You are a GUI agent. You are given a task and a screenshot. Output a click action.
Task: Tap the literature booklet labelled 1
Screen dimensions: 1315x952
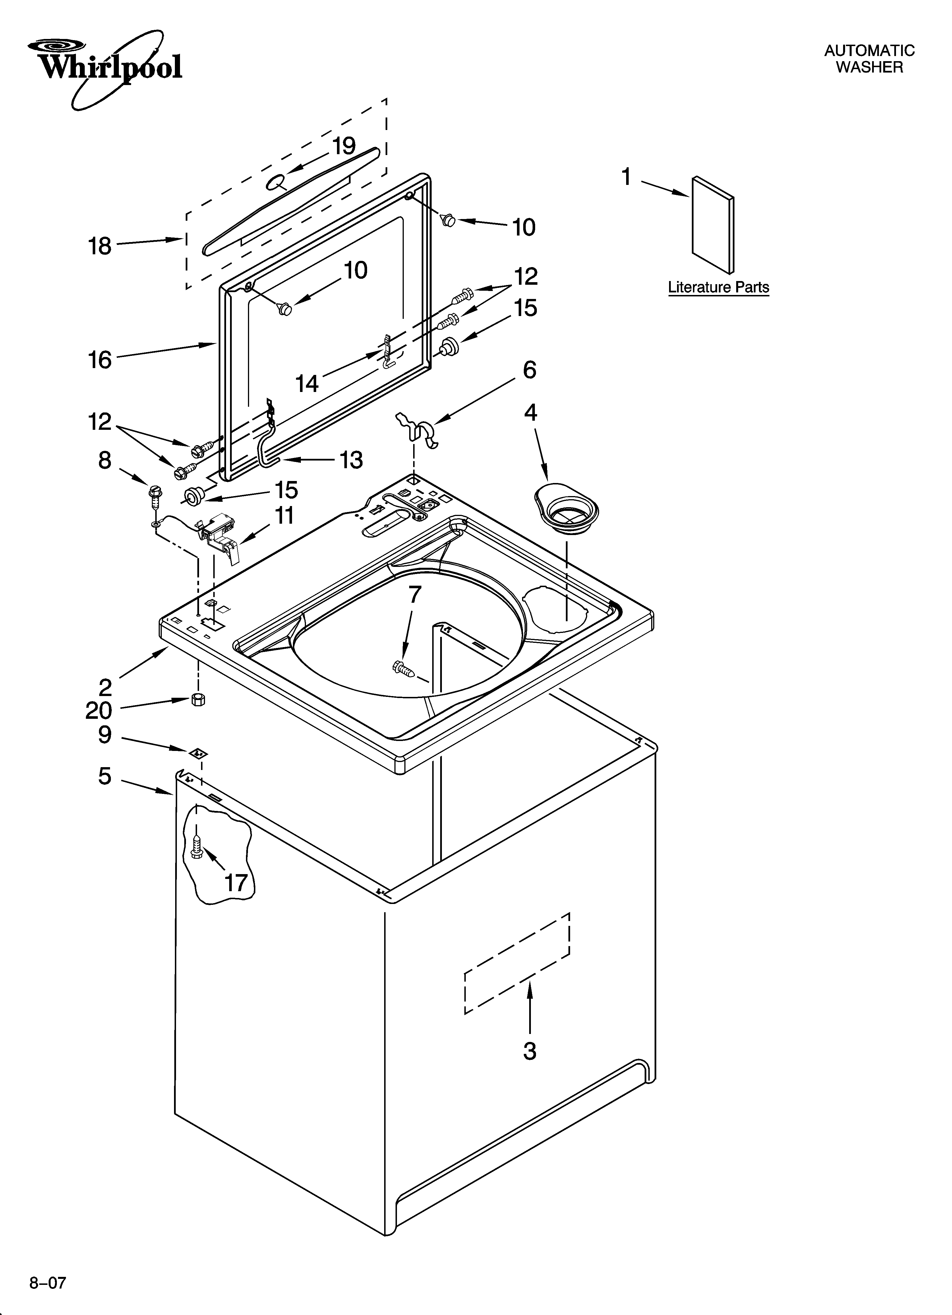click(x=713, y=225)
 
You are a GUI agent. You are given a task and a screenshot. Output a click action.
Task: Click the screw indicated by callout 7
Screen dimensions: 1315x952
click(x=404, y=668)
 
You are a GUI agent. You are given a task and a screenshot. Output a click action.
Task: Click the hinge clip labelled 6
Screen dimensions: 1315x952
click(x=419, y=428)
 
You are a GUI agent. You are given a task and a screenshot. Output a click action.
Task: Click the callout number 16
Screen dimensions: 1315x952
click(x=100, y=360)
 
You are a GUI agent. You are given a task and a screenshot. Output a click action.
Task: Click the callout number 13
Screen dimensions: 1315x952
click(x=351, y=460)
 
